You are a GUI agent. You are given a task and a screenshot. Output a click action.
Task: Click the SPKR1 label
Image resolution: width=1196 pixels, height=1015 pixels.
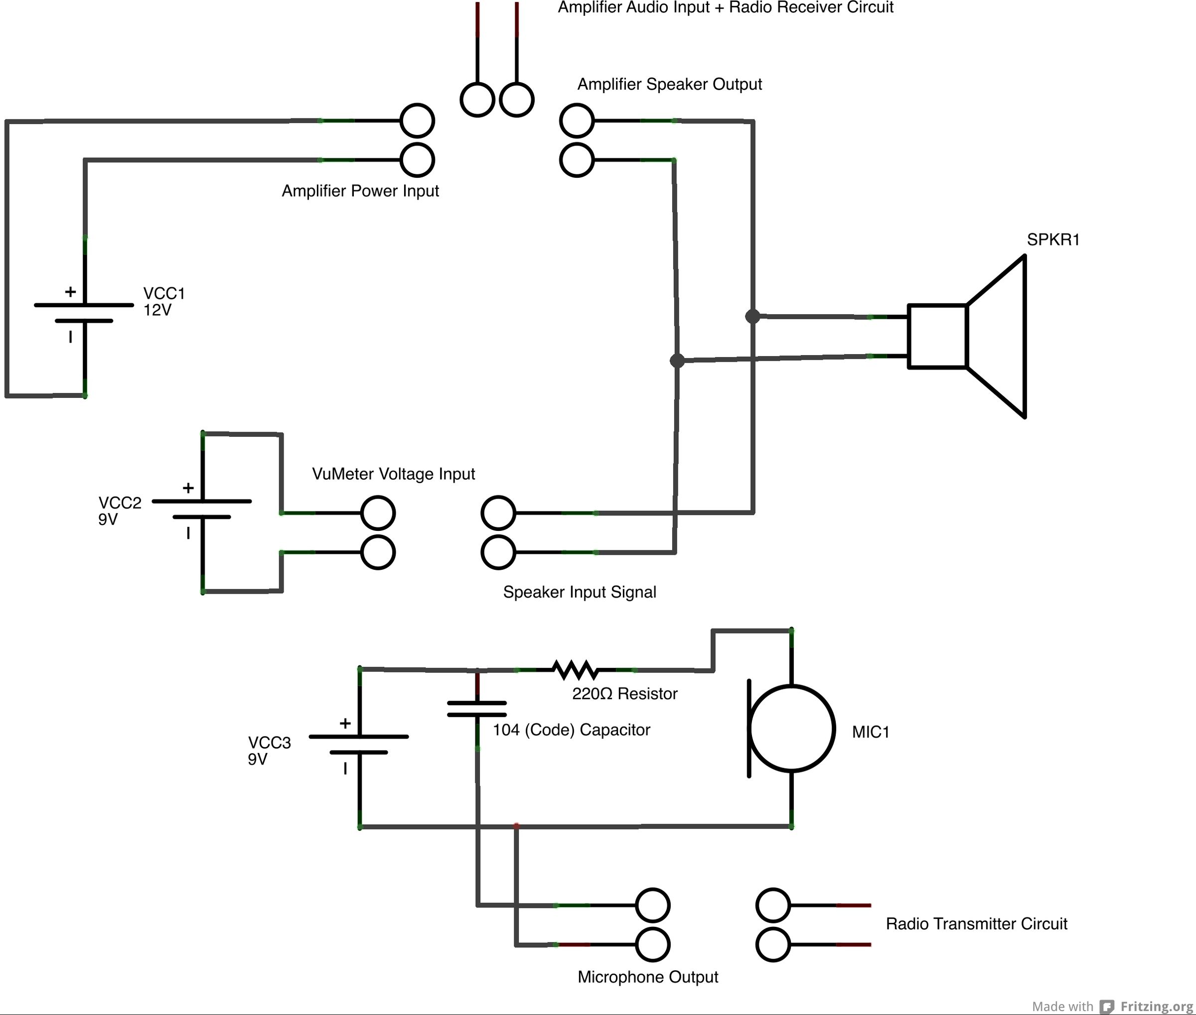[x=1052, y=240]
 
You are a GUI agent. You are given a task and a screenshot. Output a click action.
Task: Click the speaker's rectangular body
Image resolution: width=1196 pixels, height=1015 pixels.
[x=937, y=336]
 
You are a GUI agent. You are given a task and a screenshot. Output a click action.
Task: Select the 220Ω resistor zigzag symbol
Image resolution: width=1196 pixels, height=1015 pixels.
[x=575, y=670]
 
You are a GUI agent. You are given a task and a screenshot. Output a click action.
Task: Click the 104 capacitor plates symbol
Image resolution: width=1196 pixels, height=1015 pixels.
[x=477, y=709]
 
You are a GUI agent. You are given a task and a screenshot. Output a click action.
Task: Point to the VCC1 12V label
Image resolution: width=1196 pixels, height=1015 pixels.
[x=163, y=301]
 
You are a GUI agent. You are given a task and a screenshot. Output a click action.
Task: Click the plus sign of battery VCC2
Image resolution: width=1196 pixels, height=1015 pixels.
[x=188, y=488]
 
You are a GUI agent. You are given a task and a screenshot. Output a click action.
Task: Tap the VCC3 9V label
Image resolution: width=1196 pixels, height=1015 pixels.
[x=269, y=751]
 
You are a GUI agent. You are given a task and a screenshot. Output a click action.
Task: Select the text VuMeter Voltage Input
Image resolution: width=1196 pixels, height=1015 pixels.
[x=393, y=474]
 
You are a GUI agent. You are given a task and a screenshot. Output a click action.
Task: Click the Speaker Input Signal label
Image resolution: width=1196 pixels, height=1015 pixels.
[x=579, y=592]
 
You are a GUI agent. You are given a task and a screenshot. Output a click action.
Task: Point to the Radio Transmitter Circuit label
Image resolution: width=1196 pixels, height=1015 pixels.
[x=976, y=923]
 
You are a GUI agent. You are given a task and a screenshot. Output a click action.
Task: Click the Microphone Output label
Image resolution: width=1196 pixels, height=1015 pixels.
[x=648, y=977]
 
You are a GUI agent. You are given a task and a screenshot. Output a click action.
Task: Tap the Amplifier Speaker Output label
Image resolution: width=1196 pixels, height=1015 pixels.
[x=669, y=84]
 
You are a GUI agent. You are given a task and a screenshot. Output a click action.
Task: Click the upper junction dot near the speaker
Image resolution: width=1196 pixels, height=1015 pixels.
[x=752, y=316]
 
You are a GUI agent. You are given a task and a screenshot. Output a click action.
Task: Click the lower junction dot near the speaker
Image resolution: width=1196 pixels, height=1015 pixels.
[x=677, y=360]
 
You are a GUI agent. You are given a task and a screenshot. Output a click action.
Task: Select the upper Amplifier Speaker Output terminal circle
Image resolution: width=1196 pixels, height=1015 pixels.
[x=577, y=120]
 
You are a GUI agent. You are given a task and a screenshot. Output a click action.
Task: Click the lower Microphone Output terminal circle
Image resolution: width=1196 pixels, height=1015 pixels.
[x=652, y=944]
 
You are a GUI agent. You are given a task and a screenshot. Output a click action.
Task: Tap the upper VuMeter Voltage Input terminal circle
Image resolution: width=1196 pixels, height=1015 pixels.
[x=378, y=512]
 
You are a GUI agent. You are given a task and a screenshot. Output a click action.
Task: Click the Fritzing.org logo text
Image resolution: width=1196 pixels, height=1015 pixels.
[x=1156, y=1006]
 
